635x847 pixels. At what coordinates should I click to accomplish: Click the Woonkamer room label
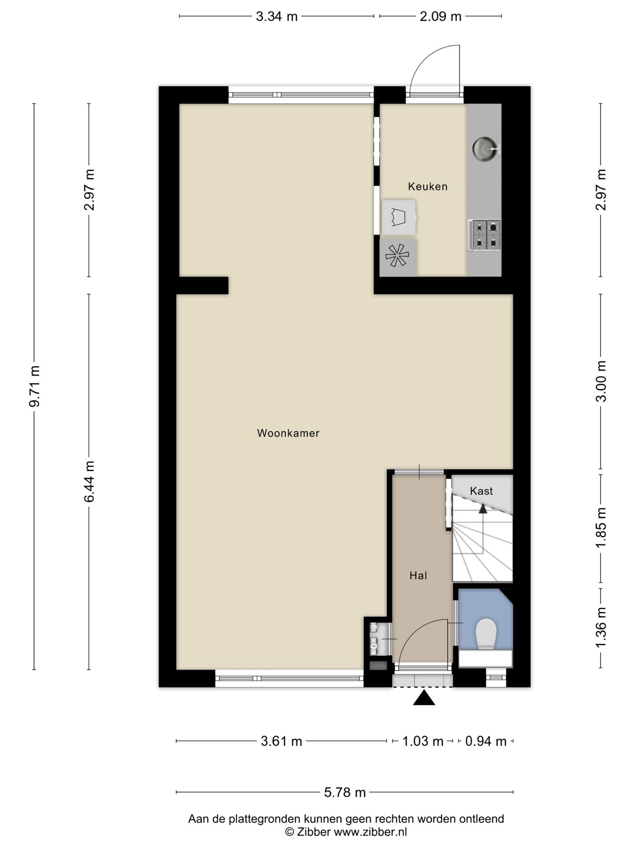pos(288,433)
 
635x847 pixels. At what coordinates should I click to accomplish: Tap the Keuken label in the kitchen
pos(427,187)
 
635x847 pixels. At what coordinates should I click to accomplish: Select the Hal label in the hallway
pos(418,575)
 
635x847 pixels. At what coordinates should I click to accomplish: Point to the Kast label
pos(481,491)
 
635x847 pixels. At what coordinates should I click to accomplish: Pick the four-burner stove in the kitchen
pos(484,235)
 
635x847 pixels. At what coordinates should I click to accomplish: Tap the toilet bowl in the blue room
pos(486,634)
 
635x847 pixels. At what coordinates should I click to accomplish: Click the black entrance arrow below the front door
pos(424,698)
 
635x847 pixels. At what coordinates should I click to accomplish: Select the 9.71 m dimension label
pos(34,386)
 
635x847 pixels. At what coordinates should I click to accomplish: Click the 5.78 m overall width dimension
pos(345,792)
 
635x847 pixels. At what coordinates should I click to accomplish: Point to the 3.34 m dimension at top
pos(277,16)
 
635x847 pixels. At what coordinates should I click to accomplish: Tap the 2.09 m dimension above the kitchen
pos(441,16)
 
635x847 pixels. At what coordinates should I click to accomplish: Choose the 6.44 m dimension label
pos(90,481)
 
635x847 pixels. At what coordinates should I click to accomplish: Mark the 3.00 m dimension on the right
pos(601,381)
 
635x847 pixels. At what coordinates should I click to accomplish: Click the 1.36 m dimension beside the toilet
pos(601,627)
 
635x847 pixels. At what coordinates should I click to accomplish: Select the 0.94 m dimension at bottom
pos(486,741)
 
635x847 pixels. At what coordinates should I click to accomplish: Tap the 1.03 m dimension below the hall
pos(422,741)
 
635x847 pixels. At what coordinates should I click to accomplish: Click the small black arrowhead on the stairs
pos(483,509)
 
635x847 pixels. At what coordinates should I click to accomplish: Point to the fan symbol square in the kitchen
pos(398,257)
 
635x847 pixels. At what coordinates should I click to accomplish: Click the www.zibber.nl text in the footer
pos(370,832)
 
